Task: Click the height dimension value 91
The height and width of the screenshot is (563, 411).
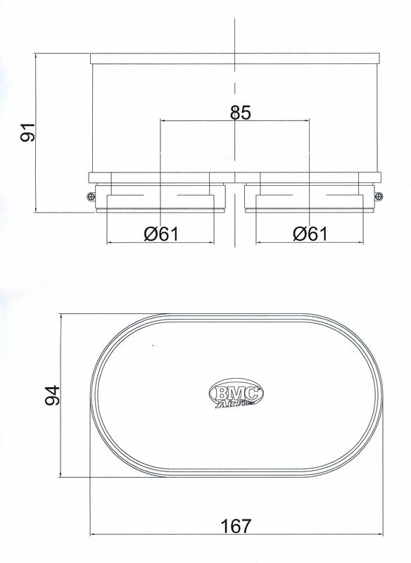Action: pyautogui.click(x=27, y=132)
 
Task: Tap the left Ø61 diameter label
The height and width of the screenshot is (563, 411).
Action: pyautogui.click(x=160, y=234)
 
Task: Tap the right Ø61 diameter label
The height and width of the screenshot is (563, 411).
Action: pyautogui.click(x=310, y=234)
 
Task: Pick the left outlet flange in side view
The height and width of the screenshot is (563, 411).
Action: pyautogui.click(x=160, y=202)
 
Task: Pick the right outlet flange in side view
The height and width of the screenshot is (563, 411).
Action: pyautogui.click(x=310, y=202)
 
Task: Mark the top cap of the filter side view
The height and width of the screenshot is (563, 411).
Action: pyautogui.click(x=234, y=56)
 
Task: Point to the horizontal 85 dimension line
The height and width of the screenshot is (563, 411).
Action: pyautogui.click(x=197, y=120)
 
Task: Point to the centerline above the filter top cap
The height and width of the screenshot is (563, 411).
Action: pyautogui.click(x=234, y=32)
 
